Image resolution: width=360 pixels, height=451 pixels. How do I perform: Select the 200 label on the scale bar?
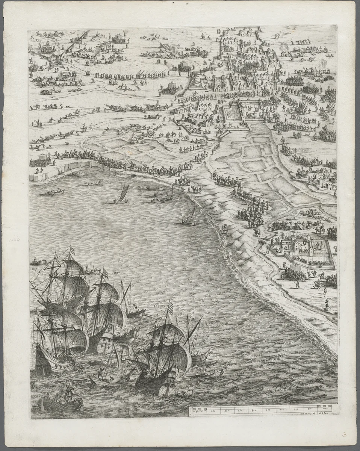point(213,411)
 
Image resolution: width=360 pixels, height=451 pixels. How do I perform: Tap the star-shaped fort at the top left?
point(53,60)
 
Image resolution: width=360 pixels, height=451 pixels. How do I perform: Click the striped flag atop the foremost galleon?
point(170,309)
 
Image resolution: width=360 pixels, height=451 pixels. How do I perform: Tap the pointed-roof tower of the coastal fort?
point(309,238)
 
